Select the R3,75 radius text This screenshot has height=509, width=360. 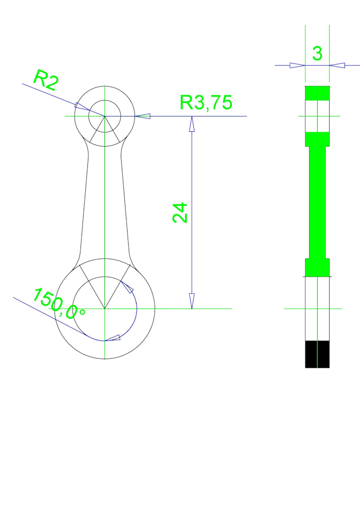[x=206, y=103]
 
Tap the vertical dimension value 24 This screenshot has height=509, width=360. [x=180, y=212]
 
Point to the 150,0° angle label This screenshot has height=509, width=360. [x=59, y=304]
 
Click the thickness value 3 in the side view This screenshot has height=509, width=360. [x=317, y=53]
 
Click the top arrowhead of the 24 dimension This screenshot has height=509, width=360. [x=192, y=124]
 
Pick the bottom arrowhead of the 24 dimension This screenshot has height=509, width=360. [x=192, y=301]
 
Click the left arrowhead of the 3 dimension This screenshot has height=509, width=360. [x=297, y=65]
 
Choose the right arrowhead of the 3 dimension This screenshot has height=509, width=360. [x=337, y=65]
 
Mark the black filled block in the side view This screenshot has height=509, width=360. [x=317, y=354]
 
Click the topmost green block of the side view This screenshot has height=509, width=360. [x=317, y=93]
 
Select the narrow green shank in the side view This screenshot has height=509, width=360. [x=317, y=201]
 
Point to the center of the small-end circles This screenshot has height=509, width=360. [x=105, y=116]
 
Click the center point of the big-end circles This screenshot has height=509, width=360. [x=105, y=308]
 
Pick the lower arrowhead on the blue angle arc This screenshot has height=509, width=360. [x=113, y=338]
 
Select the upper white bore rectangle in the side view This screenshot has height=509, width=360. [x=317, y=115]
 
